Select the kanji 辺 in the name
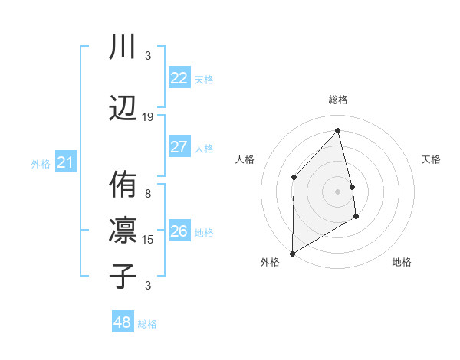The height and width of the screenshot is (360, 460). [x=123, y=107]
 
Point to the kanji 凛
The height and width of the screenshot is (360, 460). [x=123, y=230]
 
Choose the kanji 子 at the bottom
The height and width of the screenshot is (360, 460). [x=123, y=276]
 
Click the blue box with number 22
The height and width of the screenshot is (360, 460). [x=179, y=78]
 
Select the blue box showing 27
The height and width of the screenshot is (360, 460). [x=179, y=147]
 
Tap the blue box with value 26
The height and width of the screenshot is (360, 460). [x=179, y=231]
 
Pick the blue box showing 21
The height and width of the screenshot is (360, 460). [x=65, y=162]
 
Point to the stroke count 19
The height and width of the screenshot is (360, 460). [x=148, y=117]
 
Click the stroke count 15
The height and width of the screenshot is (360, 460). [x=149, y=240]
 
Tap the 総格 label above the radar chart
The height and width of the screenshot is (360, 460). [x=338, y=100]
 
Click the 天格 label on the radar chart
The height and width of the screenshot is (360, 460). [x=431, y=159]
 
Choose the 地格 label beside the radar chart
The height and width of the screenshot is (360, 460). [x=402, y=262]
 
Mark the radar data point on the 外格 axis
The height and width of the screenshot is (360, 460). [x=292, y=253]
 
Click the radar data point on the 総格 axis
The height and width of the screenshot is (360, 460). [x=338, y=130]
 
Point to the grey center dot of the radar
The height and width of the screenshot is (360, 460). [x=338, y=191]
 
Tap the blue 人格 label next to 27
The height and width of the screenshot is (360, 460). [x=204, y=148]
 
